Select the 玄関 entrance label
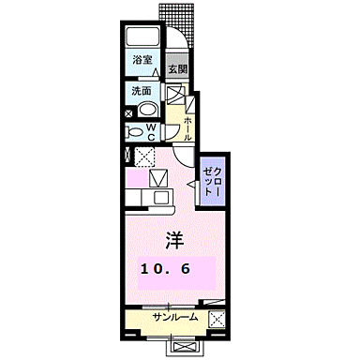click(x=177, y=69)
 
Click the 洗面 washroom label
click(x=142, y=92)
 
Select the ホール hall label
click(x=188, y=127)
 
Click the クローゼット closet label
click(x=210, y=177)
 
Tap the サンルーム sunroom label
click(x=171, y=319)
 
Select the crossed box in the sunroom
click(x=217, y=320)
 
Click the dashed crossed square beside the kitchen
click(x=146, y=157)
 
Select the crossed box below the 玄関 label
click(x=174, y=94)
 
